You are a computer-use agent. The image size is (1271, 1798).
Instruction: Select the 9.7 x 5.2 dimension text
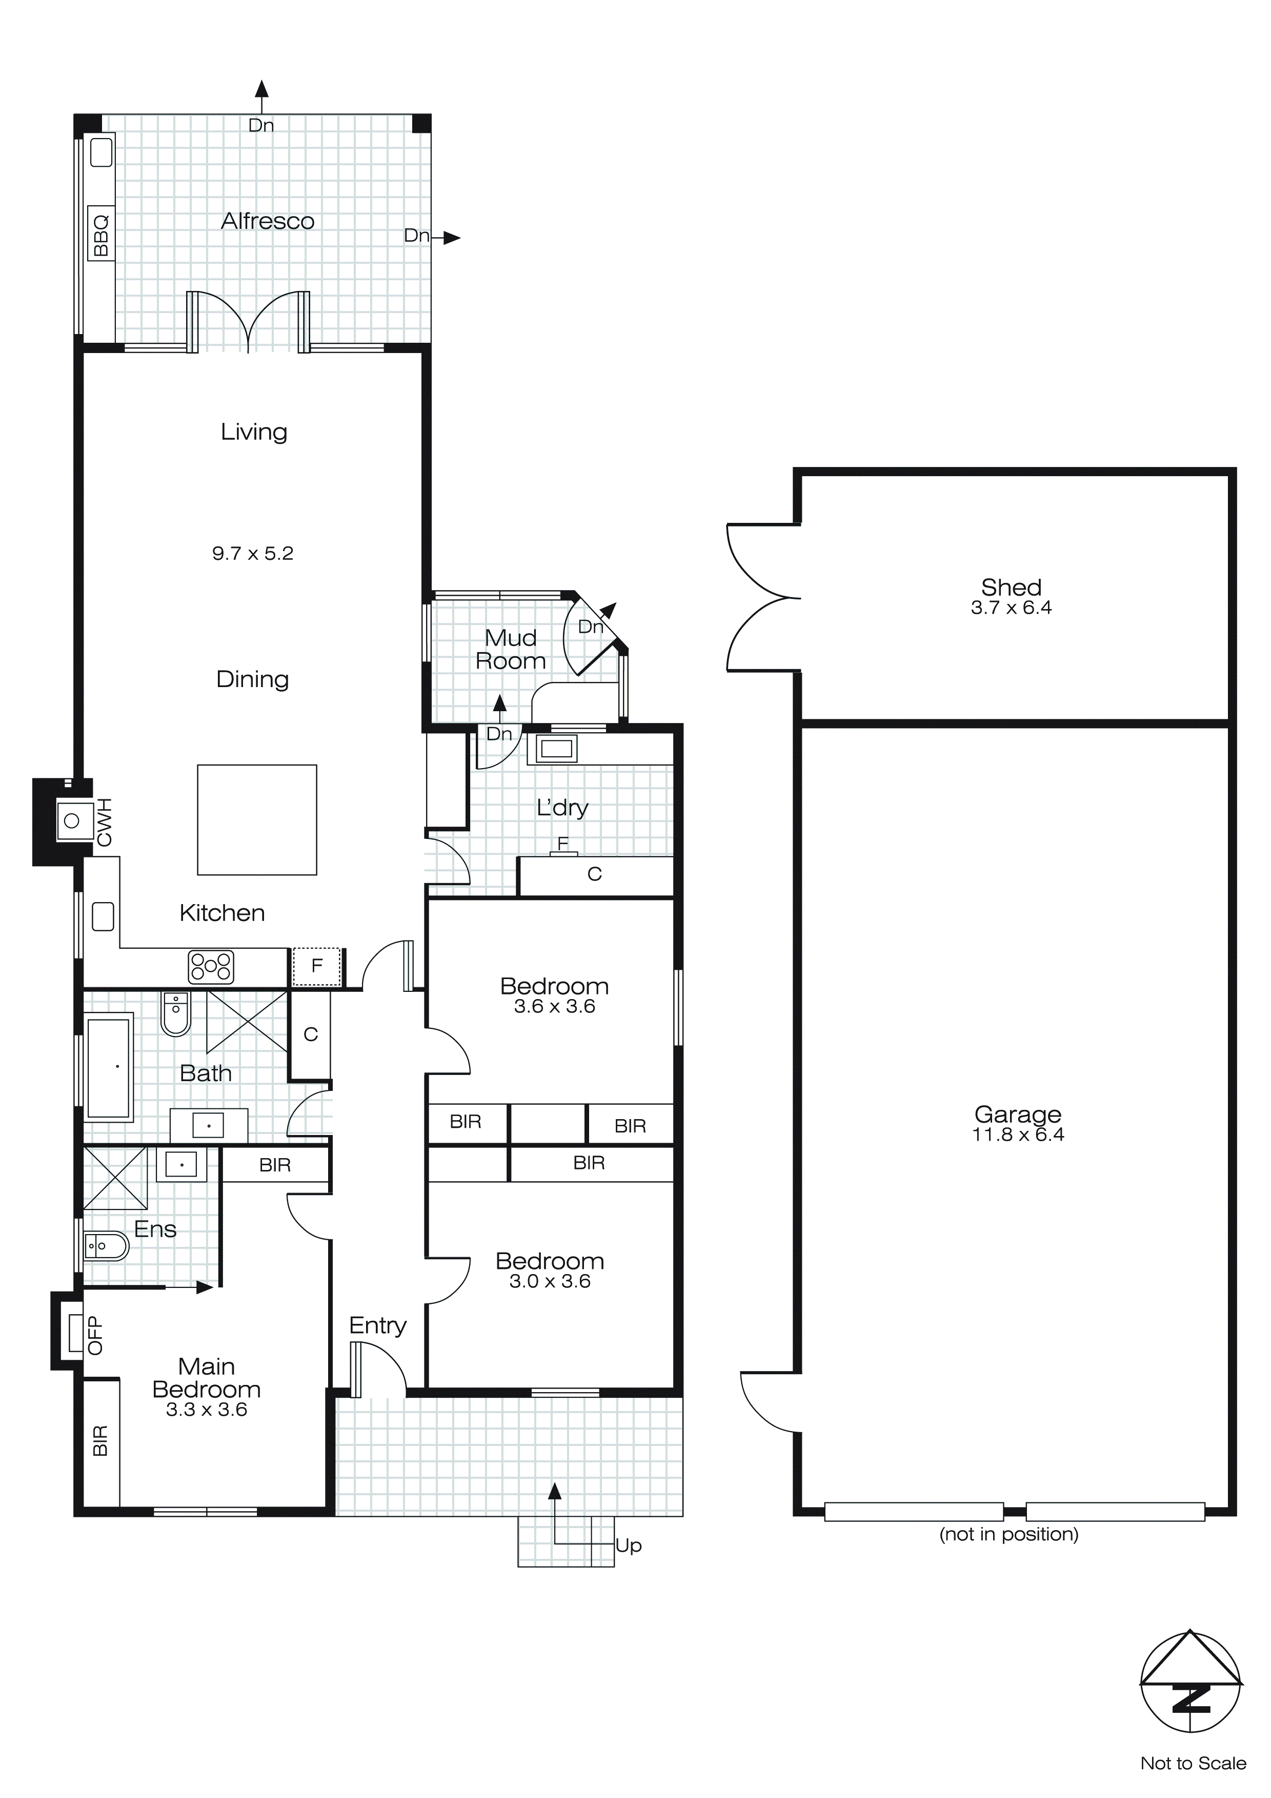click(x=252, y=554)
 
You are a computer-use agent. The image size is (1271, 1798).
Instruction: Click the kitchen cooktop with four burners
click(x=211, y=966)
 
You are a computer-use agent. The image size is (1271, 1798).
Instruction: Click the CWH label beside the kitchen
click(x=104, y=822)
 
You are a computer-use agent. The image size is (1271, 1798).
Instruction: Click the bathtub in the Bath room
click(x=109, y=1067)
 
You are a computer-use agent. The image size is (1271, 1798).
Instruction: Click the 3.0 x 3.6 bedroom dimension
click(x=550, y=1281)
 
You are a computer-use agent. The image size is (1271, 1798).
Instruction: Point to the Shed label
click(x=1011, y=588)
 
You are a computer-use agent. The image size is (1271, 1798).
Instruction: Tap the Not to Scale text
click(x=1193, y=1764)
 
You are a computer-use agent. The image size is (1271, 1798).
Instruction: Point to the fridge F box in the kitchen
click(x=317, y=966)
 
